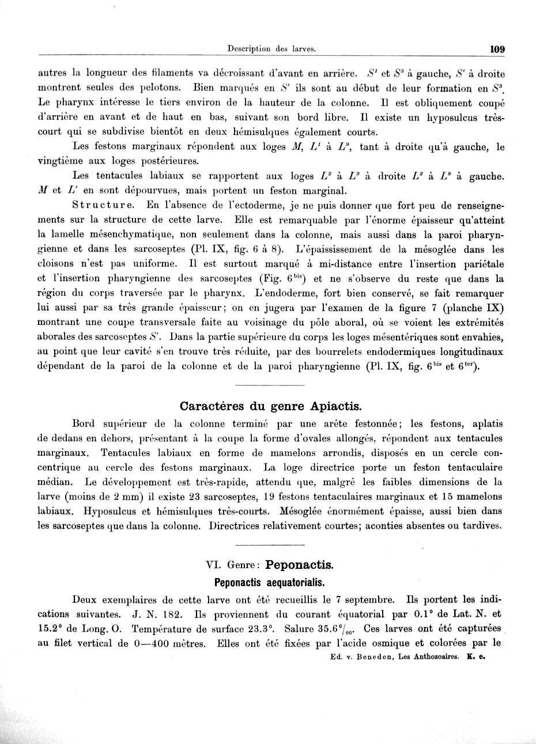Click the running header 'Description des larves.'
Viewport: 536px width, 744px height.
point(271,49)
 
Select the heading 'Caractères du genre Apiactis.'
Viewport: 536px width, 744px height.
point(271,405)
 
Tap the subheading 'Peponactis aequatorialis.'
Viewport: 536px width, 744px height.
point(271,581)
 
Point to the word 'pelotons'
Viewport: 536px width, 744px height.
point(161,88)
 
